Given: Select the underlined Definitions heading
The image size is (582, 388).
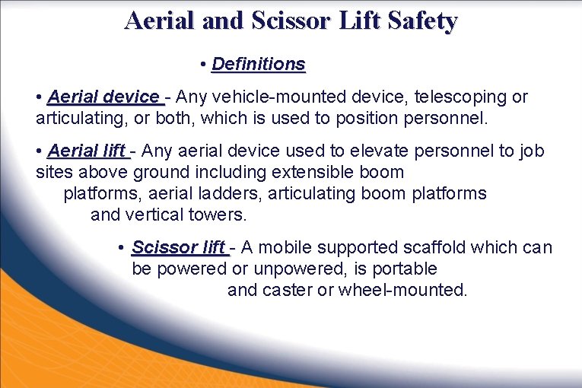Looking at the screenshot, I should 259,64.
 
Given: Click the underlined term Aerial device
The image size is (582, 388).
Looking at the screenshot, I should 103,97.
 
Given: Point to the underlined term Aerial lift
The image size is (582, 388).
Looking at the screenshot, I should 87,151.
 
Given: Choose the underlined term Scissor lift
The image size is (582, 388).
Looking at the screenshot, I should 179,247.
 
